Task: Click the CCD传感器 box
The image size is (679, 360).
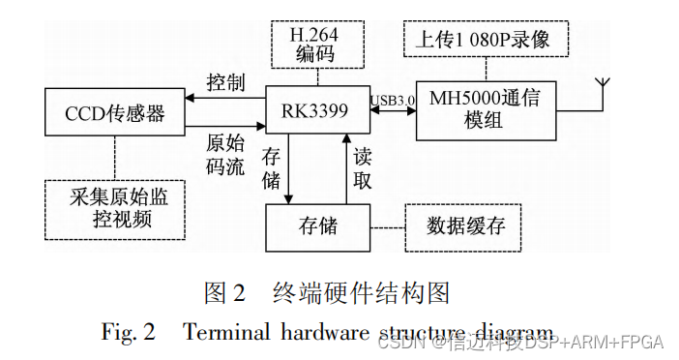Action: pyautogui.click(x=114, y=113)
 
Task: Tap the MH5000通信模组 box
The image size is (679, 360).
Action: pyautogui.click(x=487, y=109)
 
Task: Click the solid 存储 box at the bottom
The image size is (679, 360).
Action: pyautogui.click(x=317, y=226)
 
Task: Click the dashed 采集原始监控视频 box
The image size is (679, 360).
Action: pyautogui.click(x=114, y=210)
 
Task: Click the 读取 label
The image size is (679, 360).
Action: pyautogui.click(x=361, y=168)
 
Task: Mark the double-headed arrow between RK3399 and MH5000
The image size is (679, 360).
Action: pyautogui.click(x=394, y=109)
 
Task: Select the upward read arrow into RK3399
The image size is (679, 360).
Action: pyautogui.click(x=344, y=169)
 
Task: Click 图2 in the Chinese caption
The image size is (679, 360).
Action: pyautogui.click(x=227, y=291)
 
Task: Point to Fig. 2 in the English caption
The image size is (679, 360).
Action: pyautogui.click(x=128, y=332)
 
